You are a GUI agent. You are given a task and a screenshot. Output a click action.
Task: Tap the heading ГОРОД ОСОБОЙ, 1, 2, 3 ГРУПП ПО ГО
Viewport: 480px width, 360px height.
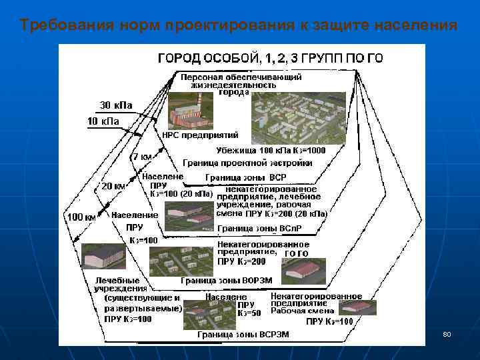click(270, 58)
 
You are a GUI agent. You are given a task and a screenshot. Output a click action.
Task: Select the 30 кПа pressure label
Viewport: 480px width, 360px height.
click(116, 105)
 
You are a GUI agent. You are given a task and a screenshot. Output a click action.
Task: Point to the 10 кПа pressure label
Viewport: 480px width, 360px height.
click(103, 121)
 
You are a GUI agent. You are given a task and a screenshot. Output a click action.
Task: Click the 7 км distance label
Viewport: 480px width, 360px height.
click(143, 157)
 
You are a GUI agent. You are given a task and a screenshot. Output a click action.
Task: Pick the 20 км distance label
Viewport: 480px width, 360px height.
click(113, 186)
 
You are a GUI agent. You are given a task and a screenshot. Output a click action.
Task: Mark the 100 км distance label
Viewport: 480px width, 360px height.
click(79, 217)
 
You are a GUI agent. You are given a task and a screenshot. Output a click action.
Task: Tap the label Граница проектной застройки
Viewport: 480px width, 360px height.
click(247, 163)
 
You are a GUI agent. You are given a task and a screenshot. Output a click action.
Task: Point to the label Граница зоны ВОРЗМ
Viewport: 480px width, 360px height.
click(227, 281)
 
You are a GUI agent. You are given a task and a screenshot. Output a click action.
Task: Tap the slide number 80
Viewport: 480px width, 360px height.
click(447, 333)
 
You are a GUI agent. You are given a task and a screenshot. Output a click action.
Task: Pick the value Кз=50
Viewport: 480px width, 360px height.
click(249, 313)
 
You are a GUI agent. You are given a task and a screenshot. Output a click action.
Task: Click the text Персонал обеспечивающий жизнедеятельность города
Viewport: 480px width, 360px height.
click(241, 85)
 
